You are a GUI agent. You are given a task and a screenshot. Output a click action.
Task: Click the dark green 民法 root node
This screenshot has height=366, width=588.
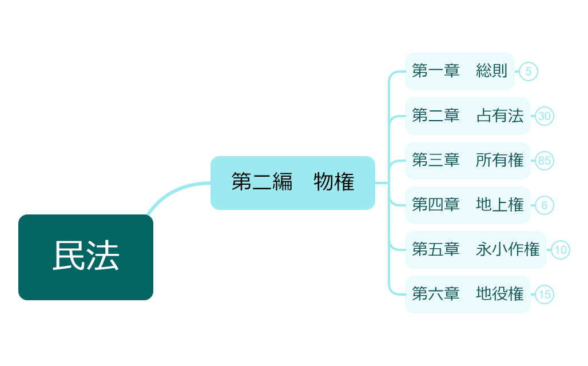coord(86,257)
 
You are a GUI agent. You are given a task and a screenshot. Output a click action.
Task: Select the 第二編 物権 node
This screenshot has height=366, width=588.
coord(292,182)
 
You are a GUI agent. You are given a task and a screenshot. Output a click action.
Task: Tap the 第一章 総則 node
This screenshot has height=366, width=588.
coord(459,71)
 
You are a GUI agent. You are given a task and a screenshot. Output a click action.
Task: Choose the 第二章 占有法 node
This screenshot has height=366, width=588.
coord(467,116)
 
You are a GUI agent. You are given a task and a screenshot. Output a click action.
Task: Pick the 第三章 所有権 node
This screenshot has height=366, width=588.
coord(467,160)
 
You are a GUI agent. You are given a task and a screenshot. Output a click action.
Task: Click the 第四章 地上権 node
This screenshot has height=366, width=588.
coord(467,205)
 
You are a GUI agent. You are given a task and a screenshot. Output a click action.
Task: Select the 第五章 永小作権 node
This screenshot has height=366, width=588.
coord(475,249)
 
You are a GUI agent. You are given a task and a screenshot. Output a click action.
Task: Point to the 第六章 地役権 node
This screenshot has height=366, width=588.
coord(467,294)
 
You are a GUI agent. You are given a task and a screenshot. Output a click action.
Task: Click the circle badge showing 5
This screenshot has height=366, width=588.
coord(529,71)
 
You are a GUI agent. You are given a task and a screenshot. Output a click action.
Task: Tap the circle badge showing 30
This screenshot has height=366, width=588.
coord(545,116)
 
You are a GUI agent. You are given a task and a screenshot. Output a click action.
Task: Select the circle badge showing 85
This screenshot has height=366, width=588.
coord(545,161)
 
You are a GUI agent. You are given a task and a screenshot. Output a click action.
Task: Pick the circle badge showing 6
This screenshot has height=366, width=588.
coord(545,205)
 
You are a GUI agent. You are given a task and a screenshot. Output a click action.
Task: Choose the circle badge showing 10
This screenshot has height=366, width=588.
coord(561,250)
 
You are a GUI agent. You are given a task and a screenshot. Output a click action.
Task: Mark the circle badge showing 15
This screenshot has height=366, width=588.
coord(545,295)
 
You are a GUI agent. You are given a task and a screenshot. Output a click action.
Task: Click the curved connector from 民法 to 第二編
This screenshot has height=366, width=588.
coord(172,191)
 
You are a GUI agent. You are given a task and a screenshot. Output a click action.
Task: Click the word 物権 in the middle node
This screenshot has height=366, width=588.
coord(334,182)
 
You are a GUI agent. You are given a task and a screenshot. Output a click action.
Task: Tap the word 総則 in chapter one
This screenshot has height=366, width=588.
coord(491,71)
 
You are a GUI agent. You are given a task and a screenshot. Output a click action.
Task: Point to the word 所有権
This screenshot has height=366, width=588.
coord(499,160)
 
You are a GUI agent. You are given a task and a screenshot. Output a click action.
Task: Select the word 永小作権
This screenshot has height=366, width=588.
coord(507,249)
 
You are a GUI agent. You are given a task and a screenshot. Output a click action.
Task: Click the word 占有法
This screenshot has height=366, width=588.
coord(499,116)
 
